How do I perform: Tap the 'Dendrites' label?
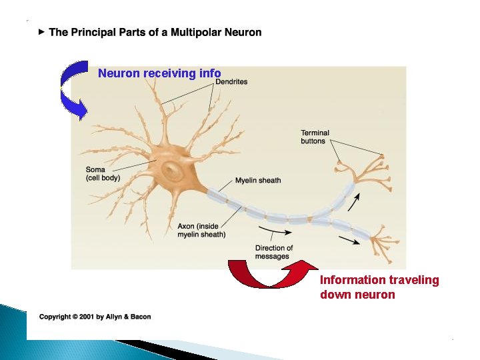(x=231, y=82)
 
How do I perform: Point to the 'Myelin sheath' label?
(x=258, y=181)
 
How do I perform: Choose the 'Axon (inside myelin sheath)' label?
(x=201, y=231)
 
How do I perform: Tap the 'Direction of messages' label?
(x=273, y=253)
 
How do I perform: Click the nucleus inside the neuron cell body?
(x=174, y=172)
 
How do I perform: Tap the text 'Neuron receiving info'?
(x=159, y=73)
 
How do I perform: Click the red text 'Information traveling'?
(x=379, y=280)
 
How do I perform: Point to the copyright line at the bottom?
(x=95, y=317)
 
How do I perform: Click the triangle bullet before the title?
(x=41, y=32)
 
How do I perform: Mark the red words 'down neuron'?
(x=357, y=295)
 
